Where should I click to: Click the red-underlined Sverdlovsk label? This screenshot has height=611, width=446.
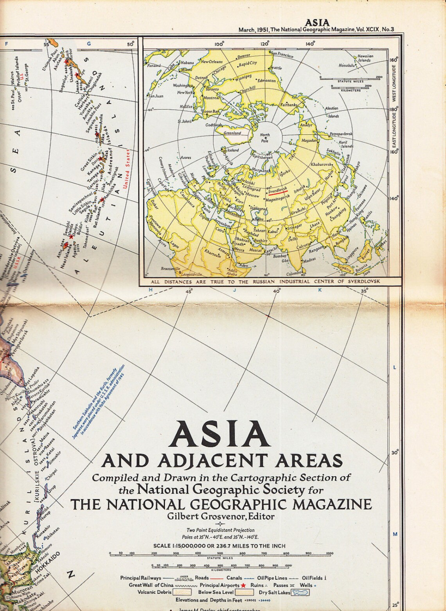pyautogui.click(x=277, y=188)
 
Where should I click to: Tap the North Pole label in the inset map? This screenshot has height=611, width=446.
pyautogui.click(x=265, y=138)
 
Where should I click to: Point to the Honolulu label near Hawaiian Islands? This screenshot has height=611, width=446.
pyautogui.click(x=347, y=66)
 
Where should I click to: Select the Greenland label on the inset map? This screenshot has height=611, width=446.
pyautogui.click(x=232, y=133)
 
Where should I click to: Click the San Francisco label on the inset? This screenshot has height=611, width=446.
pyautogui.click(x=282, y=55)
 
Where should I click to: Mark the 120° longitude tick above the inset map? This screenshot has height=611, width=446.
pyautogui.click(x=265, y=44)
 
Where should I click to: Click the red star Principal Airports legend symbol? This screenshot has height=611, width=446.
pyautogui.click(x=243, y=586)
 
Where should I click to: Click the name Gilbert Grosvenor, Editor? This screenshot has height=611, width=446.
pyautogui.click(x=221, y=516)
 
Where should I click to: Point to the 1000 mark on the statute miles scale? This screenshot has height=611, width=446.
pyautogui.click(x=329, y=553)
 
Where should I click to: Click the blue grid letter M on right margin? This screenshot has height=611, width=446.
pyautogui.click(x=395, y=534)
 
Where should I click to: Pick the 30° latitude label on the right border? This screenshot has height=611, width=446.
pyautogui.click(x=395, y=453)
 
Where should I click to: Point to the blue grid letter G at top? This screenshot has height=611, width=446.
pyautogui.click(x=89, y=44)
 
